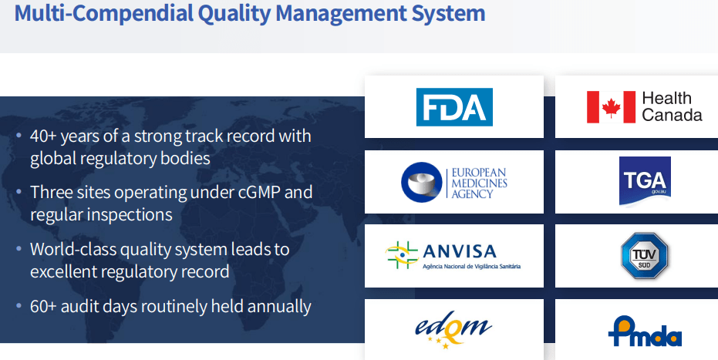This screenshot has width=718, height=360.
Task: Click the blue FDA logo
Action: click(454, 107)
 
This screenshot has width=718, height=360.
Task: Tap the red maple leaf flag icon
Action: click(611, 107)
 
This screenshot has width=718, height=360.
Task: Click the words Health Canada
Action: click(672, 106)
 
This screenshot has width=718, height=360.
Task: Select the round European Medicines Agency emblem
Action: click(422, 182)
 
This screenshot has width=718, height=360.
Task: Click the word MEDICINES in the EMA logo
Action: click(480, 183)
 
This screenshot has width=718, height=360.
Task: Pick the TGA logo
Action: click(645, 181)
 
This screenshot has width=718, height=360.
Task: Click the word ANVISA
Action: click(460, 251)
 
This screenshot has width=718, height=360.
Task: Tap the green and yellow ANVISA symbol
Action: click(402, 255)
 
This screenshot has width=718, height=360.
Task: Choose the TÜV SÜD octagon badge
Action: click(644, 256)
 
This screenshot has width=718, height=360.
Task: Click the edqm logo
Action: click(453, 330)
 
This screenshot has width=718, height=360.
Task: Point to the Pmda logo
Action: click(645, 331)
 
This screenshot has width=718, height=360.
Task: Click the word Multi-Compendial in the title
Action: click(104, 14)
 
